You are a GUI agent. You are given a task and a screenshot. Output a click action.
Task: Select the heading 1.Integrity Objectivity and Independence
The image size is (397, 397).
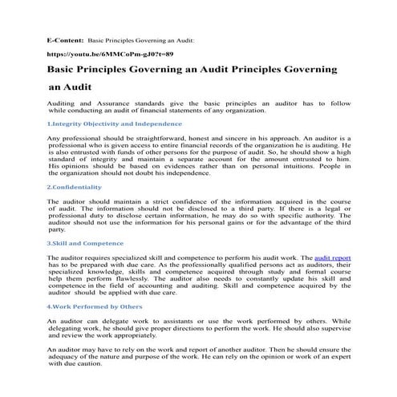[x=108, y=124]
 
